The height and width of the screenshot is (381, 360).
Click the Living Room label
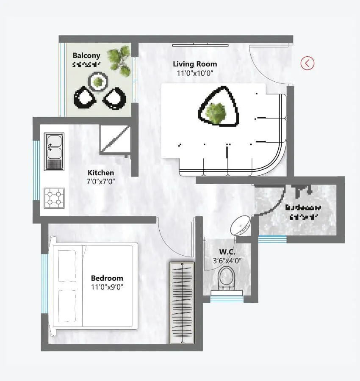[195, 64]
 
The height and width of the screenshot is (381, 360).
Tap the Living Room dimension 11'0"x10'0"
[195, 73]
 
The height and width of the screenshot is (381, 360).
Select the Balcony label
[86, 55]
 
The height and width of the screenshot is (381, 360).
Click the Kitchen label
[101, 173]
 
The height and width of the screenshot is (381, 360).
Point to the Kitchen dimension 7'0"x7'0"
[101, 181]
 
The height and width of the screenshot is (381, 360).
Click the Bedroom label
[107, 278]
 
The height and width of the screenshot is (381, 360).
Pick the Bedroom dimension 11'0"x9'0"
[107, 287]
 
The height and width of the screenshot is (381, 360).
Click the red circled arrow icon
[307, 63]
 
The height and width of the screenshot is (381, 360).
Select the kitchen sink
[54, 146]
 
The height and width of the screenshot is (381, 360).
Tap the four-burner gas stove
[54, 198]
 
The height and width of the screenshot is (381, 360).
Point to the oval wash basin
[241, 225]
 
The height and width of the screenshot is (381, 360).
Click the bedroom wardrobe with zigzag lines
[182, 302]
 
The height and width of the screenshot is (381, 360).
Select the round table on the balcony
[98, 81]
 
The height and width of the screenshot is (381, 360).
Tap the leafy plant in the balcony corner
[119, 60]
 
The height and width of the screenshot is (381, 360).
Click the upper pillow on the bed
[67, 266]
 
